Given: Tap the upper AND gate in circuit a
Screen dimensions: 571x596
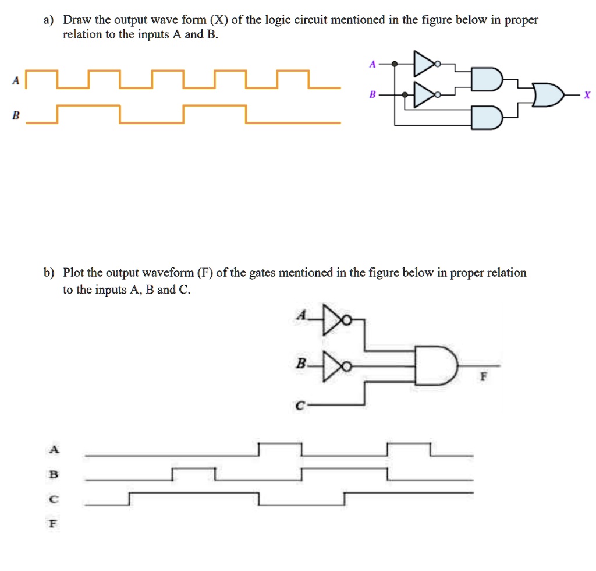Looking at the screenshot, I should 485,79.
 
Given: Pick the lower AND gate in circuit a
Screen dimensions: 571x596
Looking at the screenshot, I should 487,117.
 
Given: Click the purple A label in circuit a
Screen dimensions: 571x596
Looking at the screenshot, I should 372,65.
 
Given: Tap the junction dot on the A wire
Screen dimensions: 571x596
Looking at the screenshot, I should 395,64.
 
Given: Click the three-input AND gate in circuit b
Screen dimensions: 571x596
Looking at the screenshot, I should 437,366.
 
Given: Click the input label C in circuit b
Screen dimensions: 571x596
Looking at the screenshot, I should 299,407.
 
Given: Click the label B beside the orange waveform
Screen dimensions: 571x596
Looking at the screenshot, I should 16,116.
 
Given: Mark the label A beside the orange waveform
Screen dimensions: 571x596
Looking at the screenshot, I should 16,83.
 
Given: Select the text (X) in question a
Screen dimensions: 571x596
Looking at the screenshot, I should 218,20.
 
